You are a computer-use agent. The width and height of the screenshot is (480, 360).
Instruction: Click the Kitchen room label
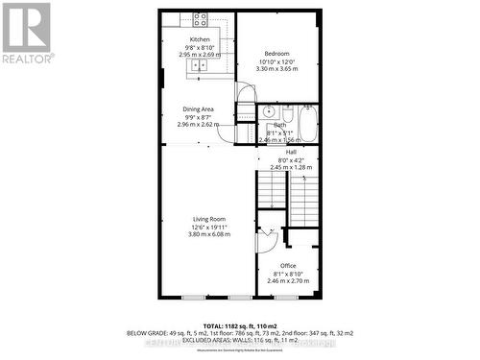199,39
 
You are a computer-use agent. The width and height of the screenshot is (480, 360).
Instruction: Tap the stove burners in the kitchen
200,18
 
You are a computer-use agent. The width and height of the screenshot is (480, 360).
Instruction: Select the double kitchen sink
200,64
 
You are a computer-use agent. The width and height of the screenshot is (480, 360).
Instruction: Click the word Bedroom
276,53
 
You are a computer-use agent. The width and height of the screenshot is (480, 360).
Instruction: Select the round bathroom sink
268,112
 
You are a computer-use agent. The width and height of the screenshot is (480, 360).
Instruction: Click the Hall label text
283,153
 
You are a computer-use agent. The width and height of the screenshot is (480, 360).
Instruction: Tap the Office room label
288,265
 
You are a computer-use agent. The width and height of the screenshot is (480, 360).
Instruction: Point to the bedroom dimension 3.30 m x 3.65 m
276,69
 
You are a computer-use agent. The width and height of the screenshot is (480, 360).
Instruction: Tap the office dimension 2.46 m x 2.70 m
288,280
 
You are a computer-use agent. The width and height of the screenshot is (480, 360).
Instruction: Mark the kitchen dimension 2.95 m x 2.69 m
199,55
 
